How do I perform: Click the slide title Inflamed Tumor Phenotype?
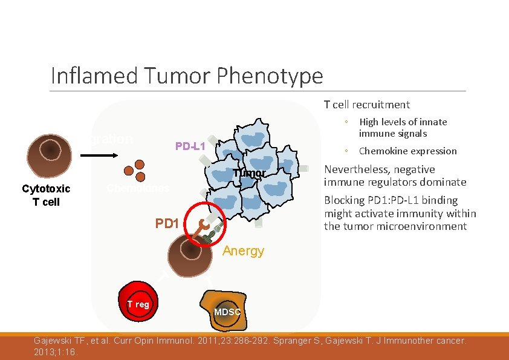(x=187, y=76)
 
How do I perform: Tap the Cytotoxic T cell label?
(x=47, y=195)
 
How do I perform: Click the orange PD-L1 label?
(x=190, y=146)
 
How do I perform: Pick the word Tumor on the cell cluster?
(x=249, y=174)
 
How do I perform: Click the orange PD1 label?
(x=167, y=223)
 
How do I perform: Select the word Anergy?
(x=243, y=251)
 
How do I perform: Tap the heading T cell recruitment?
(x=366, y=105)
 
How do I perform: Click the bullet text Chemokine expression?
(x=407, y=151)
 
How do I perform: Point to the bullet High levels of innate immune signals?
(x=403, y=128)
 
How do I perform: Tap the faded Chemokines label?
(x=138, y=188)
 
